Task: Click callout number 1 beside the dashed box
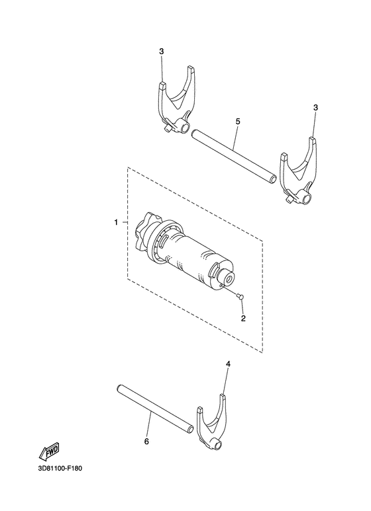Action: [x=116, y=223]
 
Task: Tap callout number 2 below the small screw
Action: [x=243, y=319]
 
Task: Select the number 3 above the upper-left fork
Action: [x=161, y=52]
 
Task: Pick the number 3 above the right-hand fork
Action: [x=315, y=107]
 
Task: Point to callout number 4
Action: [x=228, y=364]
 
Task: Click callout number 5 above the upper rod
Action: [x=237, y=122]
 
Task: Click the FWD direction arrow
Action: [x=50, y=452]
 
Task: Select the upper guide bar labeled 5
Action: [x=232, y=156]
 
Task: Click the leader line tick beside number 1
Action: [x=124, y=223]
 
